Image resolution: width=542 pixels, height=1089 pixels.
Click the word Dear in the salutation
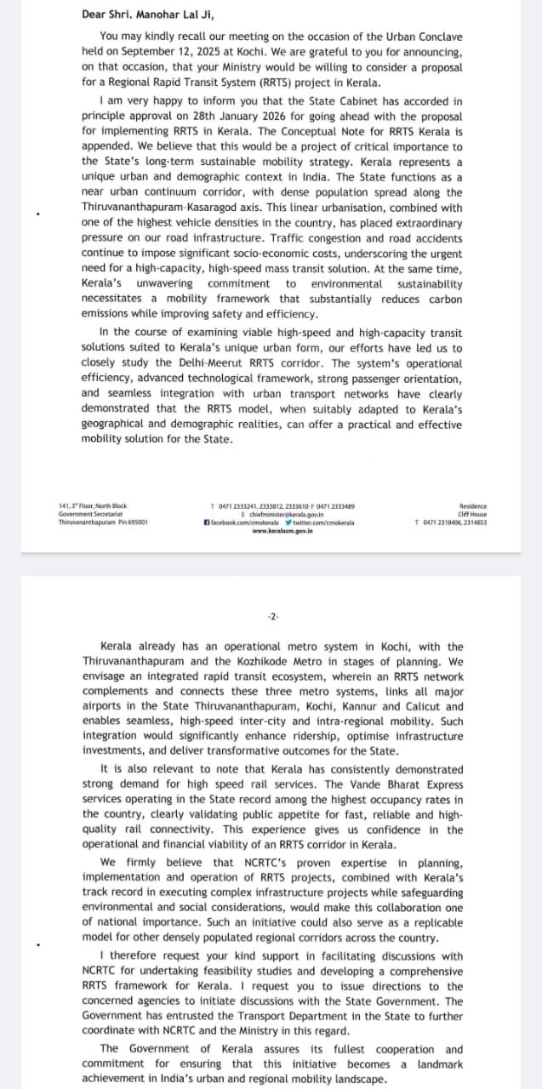pos(94,14)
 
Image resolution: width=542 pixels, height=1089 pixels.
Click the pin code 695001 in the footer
pos(136,522)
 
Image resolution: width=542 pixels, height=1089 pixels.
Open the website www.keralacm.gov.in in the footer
pos(283,530)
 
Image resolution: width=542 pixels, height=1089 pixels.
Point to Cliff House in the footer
pos(472,514)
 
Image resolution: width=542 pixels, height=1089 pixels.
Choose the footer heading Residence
pos(472,506)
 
